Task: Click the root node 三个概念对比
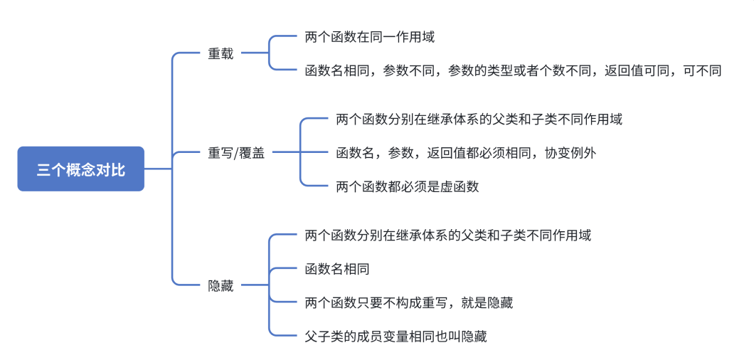click(x=80, y=169)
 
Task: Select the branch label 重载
click(x=221, y=54)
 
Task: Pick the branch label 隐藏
click(x=221, y=286)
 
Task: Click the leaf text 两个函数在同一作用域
click(x=369, y=37)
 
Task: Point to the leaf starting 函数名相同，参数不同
click(x=512, y=70)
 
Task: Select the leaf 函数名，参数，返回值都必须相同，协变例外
click(x=466, y=152)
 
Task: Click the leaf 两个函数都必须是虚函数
click(x=407, y=186)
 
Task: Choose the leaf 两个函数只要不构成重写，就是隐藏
click(x=408, y=302)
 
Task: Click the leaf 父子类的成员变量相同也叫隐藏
click(x=395, y=337)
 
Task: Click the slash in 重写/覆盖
click(x=237, y=152)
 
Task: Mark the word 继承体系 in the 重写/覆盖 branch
click(x=453, y=119)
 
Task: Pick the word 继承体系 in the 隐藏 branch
click(x=422, y=235)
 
